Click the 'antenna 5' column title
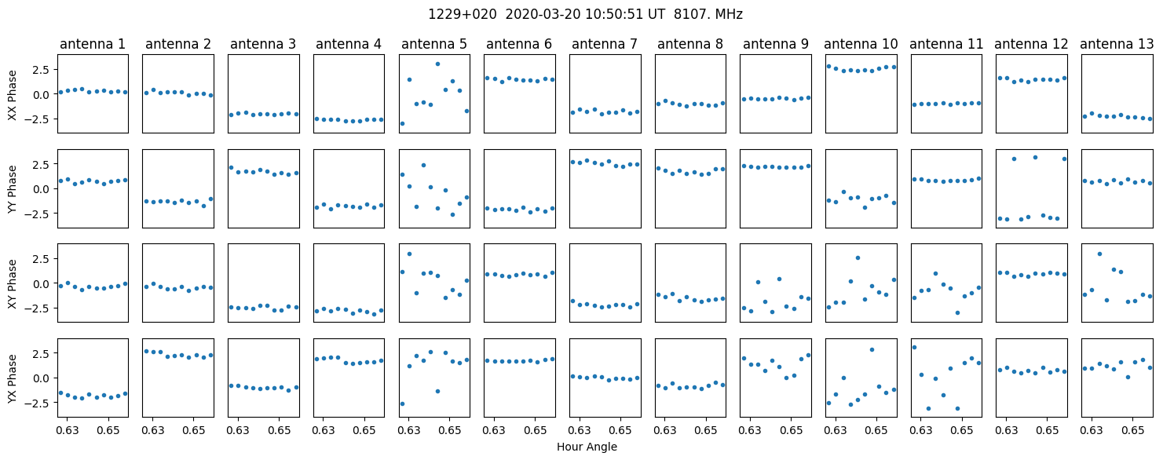[434, 45]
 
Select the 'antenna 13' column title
[1117, 45]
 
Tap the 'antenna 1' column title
[93, 45]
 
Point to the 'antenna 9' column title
[776, 45]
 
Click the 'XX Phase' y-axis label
[12, 96]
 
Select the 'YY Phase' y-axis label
[12, 189]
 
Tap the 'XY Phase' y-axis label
[12, 284]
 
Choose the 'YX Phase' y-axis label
[12, 378]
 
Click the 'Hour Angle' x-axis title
[587, 447]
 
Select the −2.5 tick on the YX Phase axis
[39, 403]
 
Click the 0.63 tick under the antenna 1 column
[68, 430]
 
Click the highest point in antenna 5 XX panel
[437, 64]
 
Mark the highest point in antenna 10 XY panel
[858, 258]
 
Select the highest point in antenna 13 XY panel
[1099, 254]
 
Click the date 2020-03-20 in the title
[543, 15]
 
